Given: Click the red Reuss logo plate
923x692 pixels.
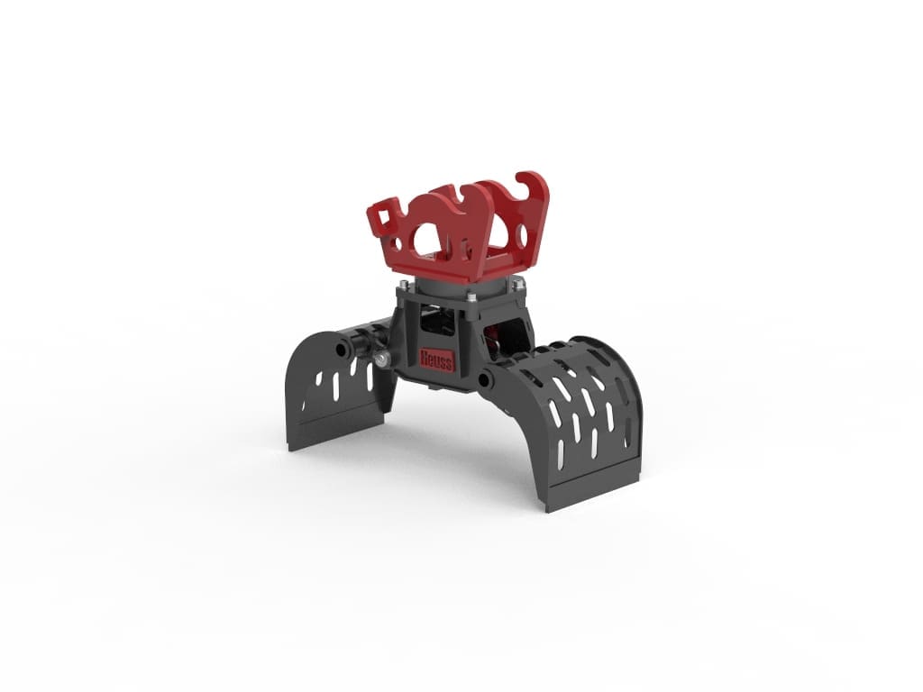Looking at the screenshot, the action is coord(437,360).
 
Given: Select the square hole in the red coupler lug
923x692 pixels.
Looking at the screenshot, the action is coord(386,218).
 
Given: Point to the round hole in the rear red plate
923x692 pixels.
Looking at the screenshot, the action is coord(522,235).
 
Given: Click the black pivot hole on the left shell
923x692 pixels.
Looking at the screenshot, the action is coord(342,350).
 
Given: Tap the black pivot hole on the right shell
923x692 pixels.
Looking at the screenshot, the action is coord(485,380).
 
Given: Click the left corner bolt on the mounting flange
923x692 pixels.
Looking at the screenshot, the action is coord(401,287).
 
